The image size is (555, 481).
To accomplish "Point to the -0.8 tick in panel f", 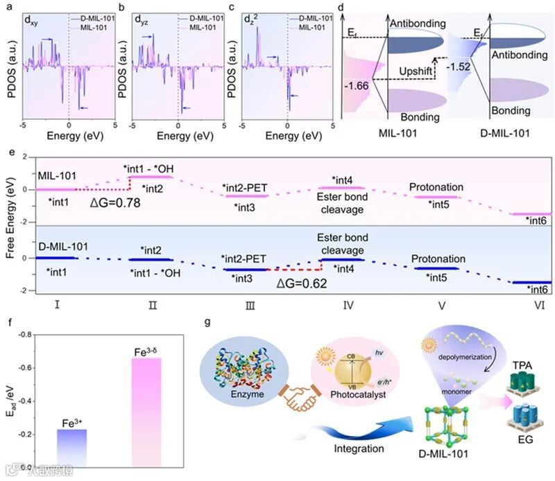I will tap(32, 334).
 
